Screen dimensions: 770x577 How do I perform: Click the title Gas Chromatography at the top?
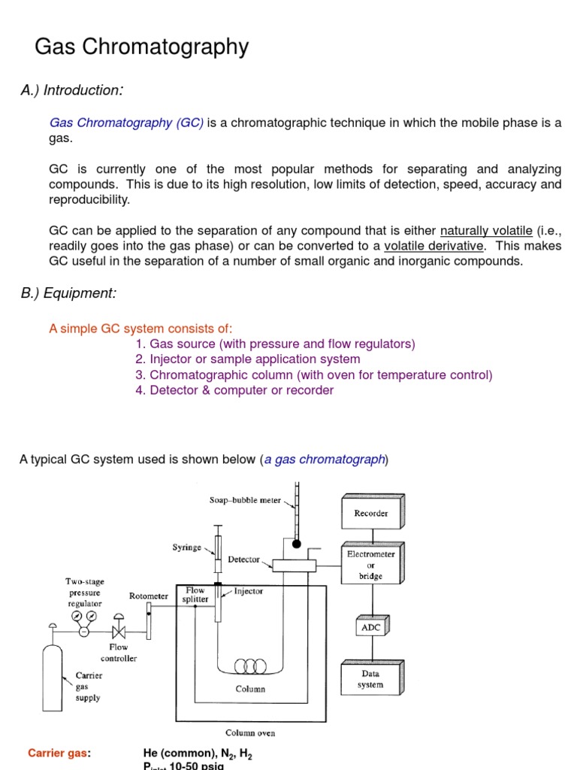(141, 47)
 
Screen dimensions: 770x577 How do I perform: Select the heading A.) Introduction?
(71, 91)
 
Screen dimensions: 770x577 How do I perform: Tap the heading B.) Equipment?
(68, 293)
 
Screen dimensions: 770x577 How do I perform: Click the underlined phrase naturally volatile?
(486, 231)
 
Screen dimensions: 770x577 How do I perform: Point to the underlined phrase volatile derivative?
(434, 246)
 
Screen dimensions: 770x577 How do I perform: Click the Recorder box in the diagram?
(370, 514)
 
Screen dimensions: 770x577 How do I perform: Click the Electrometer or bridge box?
(370, 565)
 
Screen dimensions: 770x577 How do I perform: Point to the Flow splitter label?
(195, 595)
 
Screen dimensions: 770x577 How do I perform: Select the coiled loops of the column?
(251, 666)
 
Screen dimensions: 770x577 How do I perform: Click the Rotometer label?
(148, 596)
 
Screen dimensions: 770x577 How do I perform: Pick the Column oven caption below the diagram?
(251, 732)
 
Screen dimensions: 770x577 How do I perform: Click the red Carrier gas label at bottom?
(59, 753)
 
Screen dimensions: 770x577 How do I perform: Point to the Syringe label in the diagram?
(186, 548)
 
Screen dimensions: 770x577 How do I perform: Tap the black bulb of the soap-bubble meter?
(297, 544)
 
